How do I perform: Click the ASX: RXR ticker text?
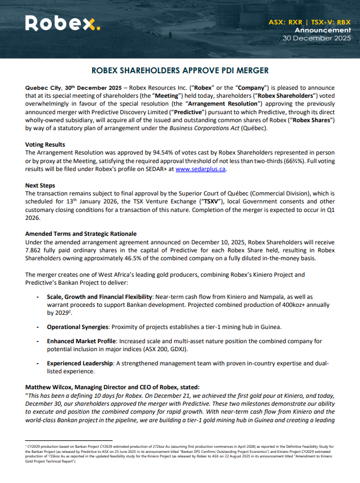[x=286, y=22]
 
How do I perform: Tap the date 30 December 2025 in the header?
[x=317, y=38]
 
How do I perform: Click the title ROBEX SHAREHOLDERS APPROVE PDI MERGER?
[x=180, y=72]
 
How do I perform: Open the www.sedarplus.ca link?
[x=201, y=169]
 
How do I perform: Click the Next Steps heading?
[x=41, y=185]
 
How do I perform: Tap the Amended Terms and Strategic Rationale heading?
[x=80, y=234]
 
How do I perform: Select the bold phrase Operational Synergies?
[x=77, y=327]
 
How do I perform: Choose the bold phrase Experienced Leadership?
[x=79, y=363]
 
